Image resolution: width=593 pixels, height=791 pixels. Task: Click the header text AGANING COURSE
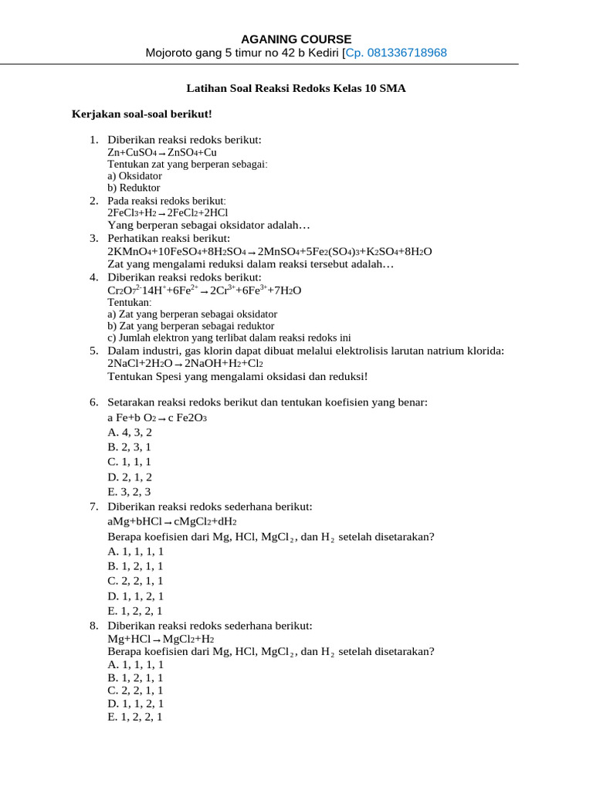click(296, 39)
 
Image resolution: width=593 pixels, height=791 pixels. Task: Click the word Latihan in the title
click(206, 89)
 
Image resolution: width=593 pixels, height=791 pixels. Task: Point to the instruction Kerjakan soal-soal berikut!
click(141, 114)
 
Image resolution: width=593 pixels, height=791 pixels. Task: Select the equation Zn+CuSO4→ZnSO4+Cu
click(162, 153)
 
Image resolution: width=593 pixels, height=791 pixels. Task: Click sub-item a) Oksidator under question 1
click(134, 176)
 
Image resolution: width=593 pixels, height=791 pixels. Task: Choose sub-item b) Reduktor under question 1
click(134, 188)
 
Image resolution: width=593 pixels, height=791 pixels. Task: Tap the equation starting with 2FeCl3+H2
click(168, 212)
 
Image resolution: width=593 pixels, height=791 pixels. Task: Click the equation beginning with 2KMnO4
click(269, 252)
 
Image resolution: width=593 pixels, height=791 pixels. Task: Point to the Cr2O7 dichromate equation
click(204, 290)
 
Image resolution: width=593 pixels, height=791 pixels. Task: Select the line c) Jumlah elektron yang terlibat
click(229, 338)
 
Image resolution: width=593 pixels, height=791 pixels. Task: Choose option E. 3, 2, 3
click(129, 491)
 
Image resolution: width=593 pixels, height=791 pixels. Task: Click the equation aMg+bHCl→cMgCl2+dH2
click(172, 521)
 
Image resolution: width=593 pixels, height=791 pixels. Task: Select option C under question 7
click(135, 581)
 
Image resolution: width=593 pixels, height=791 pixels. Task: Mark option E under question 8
click(135, 717)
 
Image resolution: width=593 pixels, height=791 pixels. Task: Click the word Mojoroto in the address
click(171, 53)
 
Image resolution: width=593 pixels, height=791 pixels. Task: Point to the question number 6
click(93, 402)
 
